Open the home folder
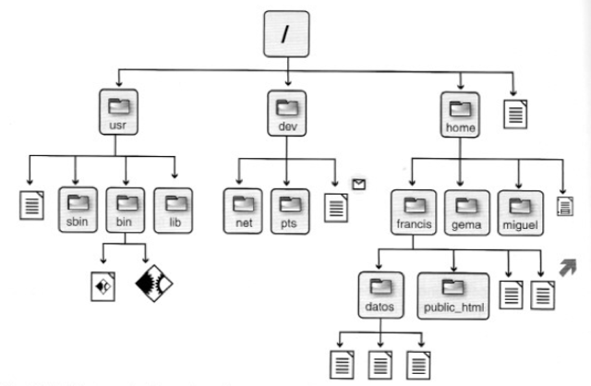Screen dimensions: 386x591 pos(458,114)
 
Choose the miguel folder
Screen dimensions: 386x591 pos(520,211)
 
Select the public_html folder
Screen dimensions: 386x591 pos(452,294)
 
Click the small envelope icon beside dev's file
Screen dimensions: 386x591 pos(359,185)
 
